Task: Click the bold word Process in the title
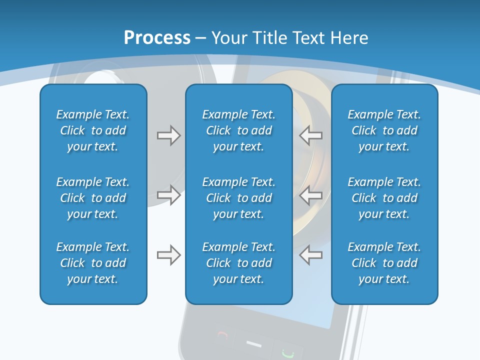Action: coord(157,37)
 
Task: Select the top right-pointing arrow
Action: coord(168,135)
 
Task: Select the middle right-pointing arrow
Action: coord(168,195)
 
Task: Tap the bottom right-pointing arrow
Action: coord(168,255)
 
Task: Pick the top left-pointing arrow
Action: coord(311,135)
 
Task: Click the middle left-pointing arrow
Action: coord(311,195)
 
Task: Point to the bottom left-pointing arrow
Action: coord(311,255)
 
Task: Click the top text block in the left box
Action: coord(93,130)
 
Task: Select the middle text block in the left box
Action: coord(93,198)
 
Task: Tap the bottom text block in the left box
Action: coord(93,263)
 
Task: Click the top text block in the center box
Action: coord(238,130)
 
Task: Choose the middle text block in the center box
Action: coord(238,198)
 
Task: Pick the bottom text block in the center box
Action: coord(238,263)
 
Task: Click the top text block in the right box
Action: coord(384,130)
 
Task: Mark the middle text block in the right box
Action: coord(384,198)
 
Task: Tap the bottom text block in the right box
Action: coord(384,263)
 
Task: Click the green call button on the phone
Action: coord(287,352)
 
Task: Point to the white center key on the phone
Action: coord(254,344)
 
